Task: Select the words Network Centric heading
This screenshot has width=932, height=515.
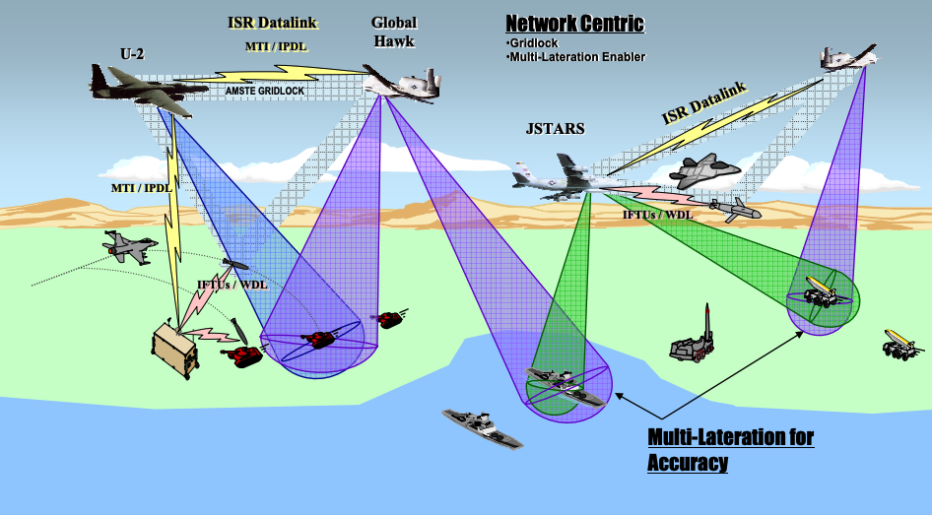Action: pyautogui.click(x=573, y=23)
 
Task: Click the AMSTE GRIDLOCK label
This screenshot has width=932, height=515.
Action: pyautogui.click(x=265, y=91)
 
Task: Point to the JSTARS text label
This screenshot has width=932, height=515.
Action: pyautogui.click(x=556, y=128)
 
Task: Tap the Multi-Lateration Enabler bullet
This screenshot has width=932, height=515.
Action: pyautogui.click(x=576, y=57)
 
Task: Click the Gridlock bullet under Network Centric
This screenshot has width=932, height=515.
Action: pyautogui.click(x=535, y=43)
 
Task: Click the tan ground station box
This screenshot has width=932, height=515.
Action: pyautogui.click(x=175, y=350)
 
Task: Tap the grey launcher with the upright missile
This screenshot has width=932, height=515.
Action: pyautogui.click(x=696, y=340)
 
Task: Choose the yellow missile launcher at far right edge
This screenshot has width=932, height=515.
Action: pyautogui.click(x=902, y=345)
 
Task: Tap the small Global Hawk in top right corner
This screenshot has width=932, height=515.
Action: pyautogui.click(x=850, y=60)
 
